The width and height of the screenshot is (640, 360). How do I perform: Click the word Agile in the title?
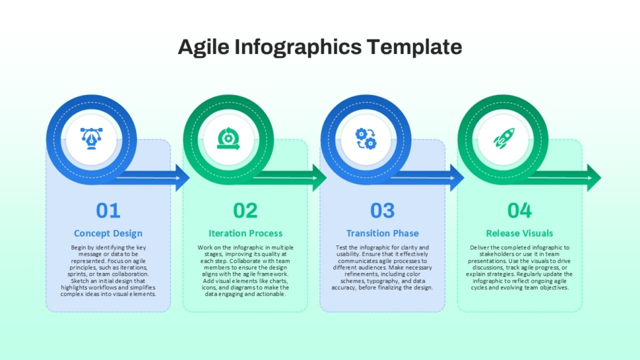coord(203,47)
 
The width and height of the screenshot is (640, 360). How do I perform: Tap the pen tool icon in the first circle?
coord(92,138)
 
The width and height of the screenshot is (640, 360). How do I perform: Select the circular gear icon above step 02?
coord(228,138)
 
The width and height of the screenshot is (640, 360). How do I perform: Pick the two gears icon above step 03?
coord(366,139)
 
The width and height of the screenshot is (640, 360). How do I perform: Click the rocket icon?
coord(504,138)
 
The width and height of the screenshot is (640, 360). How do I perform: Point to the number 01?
coord(108,210)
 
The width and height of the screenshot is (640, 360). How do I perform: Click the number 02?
coord(245,210)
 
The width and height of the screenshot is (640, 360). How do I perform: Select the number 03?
coord(383,210)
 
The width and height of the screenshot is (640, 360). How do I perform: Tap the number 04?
coord(519,210)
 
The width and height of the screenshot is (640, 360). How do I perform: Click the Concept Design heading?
coord(108,233)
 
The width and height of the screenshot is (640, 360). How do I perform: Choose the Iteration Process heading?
coord(245,233)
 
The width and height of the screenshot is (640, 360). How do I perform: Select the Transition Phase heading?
coord(383,233)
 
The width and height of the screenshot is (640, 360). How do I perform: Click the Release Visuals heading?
coord(519,233)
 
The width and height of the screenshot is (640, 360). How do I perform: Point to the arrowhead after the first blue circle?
coord(183,178)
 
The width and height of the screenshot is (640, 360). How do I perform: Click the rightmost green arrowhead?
coord(594,178)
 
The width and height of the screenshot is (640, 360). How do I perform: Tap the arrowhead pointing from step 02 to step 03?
coord(319,178)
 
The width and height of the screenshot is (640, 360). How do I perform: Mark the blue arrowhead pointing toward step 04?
coord(457,178)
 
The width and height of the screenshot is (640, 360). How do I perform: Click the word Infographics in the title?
coord(298,47)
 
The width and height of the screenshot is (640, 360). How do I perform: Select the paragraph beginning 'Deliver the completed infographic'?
coord(519,268)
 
